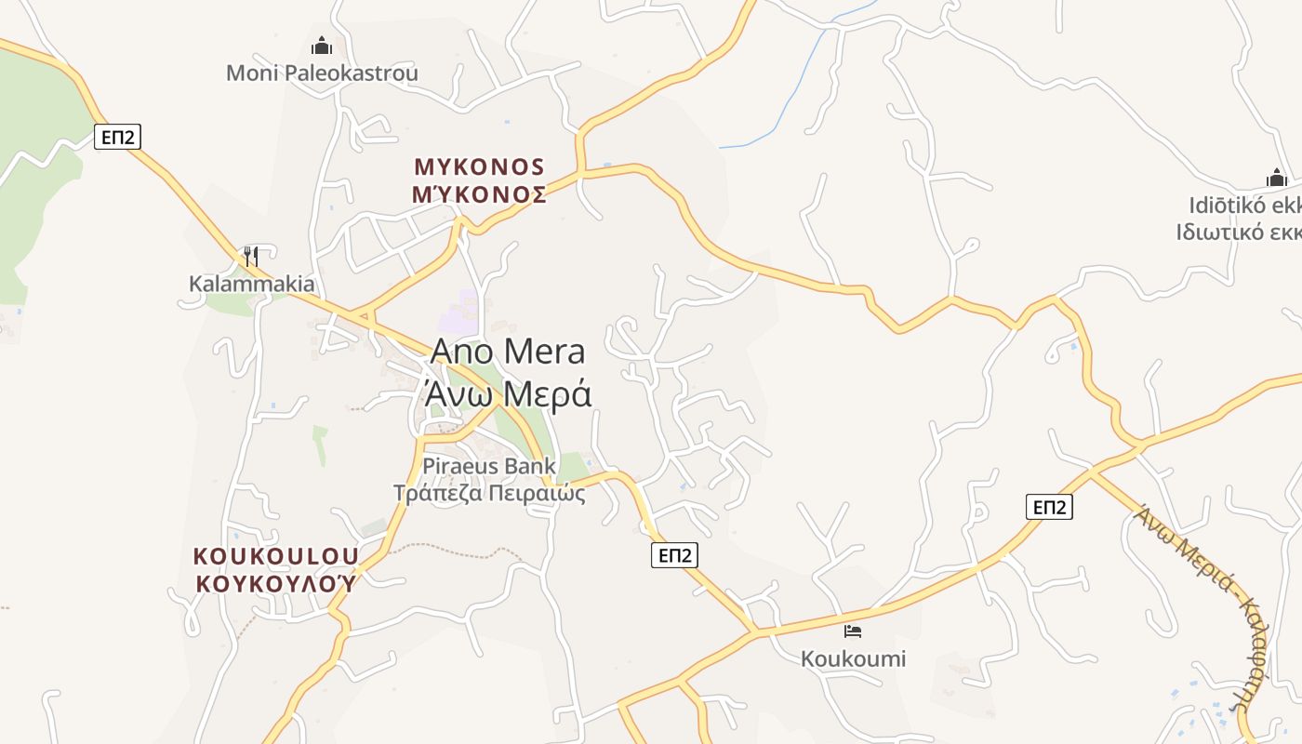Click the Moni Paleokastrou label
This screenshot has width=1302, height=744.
[322, 73]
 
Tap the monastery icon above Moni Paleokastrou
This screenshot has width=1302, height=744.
[322, 46]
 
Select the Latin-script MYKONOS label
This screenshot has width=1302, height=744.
[479, 167]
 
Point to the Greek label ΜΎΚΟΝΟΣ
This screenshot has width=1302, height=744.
[479, 194]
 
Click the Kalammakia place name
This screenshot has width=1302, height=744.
[251, 284]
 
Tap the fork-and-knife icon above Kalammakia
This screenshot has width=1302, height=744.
[250, 256]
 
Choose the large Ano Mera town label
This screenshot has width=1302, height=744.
[508, 352]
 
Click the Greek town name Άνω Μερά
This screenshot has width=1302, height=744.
[508, 394]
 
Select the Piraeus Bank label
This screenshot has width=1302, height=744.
[489, 466]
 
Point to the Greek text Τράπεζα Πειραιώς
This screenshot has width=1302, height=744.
[489, 493]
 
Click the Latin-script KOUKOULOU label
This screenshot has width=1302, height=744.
[275, 556]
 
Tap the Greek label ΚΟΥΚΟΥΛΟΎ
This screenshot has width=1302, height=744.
[275, 583]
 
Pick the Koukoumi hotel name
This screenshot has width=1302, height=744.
[853, 659]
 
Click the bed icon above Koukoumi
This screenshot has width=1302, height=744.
[853, 631]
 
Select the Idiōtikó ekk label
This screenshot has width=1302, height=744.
[1244, 206]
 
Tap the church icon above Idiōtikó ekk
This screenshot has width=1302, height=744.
[1276, 178]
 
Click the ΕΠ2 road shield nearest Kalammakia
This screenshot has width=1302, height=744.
[118, 138]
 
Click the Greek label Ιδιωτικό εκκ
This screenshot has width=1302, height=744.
[1238, 232]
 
